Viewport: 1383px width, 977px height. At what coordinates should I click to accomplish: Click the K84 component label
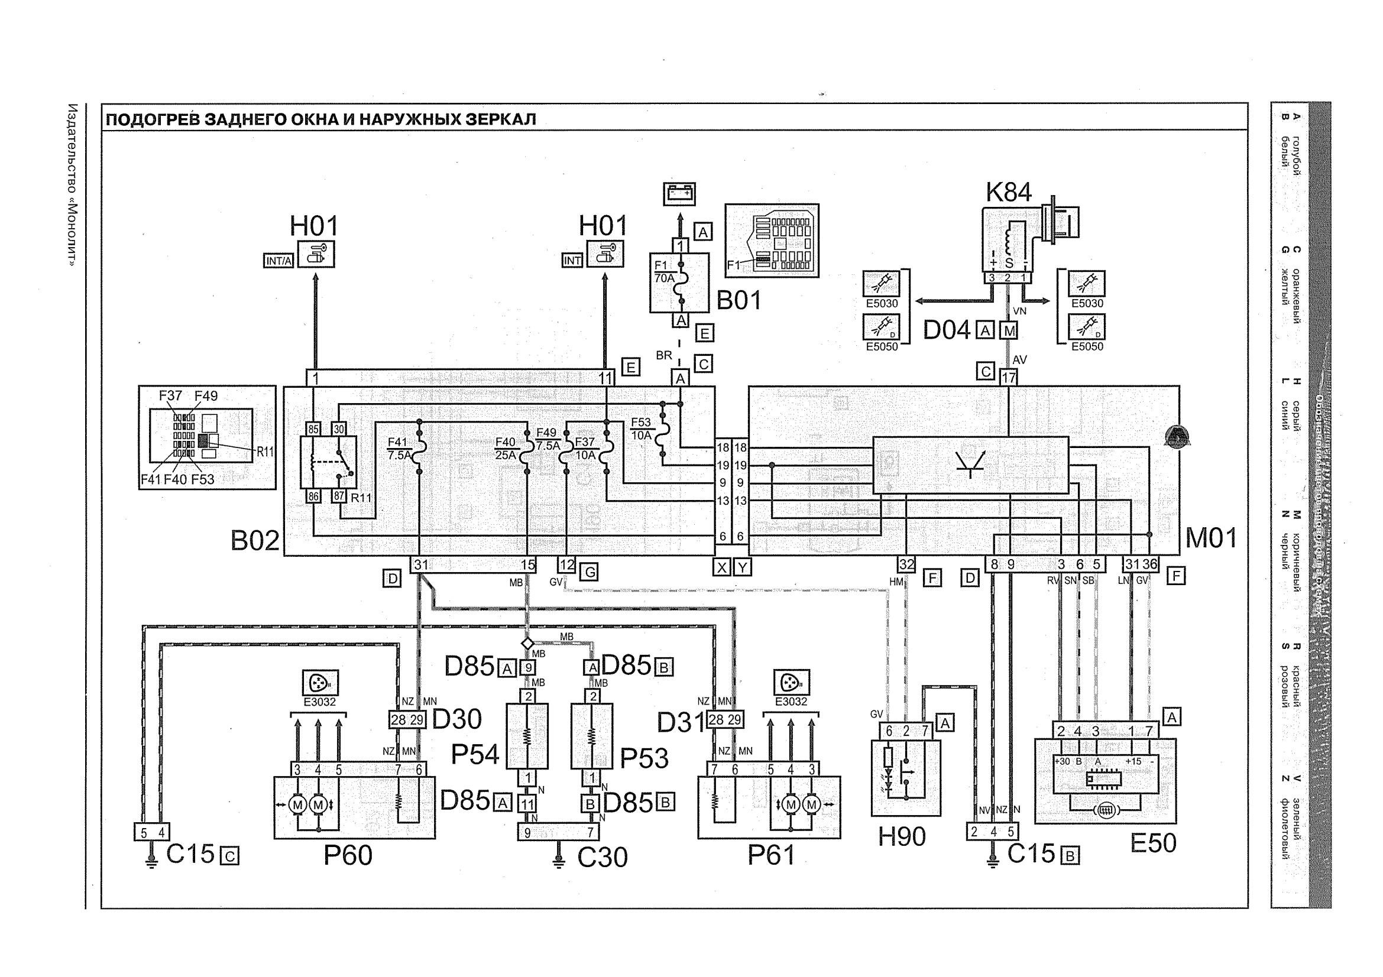click(1008, 192)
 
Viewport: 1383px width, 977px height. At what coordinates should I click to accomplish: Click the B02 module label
click(255, 541)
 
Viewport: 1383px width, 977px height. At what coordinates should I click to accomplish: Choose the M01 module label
click(1211, 538)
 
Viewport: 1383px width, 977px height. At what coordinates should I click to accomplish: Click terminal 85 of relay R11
click(313, 430)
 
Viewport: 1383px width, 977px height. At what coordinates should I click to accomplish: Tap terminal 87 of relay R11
click(339, 496)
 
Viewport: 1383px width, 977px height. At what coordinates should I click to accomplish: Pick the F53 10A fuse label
click(641, 428)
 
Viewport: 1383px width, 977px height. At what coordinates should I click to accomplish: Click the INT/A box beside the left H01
click(278, 261)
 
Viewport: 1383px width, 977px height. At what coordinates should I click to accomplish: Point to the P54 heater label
click(475, 755)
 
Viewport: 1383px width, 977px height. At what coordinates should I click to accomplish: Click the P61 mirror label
click(771, 855)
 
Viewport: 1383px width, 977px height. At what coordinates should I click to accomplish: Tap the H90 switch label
click(901, 837)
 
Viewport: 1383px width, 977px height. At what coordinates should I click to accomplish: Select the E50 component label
click(1153, 843)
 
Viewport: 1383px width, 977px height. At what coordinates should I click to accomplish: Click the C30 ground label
click(603, 857)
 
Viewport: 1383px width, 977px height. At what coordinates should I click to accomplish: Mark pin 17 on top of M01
click(1008, 378)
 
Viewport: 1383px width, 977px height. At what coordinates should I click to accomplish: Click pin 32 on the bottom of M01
click(906, 564)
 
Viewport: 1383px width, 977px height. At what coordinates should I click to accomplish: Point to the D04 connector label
click(946, 330)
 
